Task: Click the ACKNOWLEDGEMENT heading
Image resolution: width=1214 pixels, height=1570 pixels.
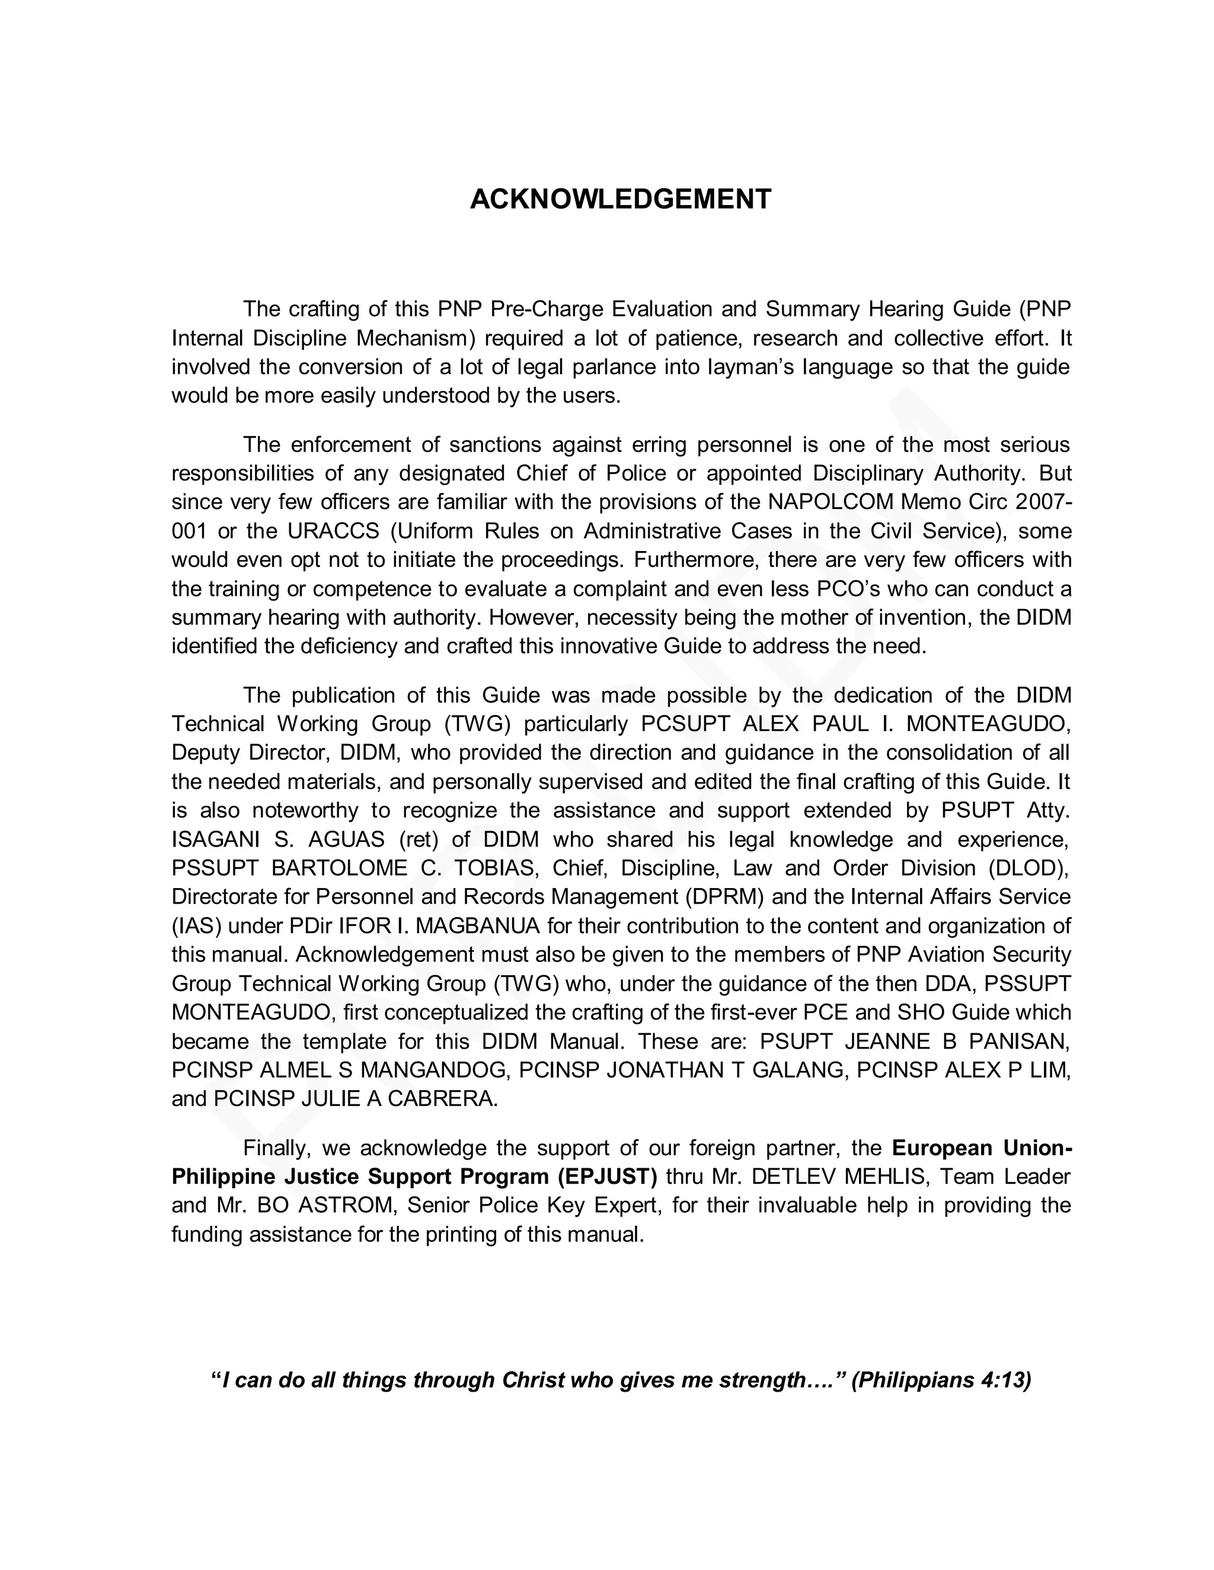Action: pyautogui.click(x=621, y=199)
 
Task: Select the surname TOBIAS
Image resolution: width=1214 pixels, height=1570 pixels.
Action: pyautogui.click(x=496, y=868)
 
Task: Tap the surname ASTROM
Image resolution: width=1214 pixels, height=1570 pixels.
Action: pyautogui.click(x=351, y=1206)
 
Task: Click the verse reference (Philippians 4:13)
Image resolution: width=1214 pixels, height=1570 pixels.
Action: pyautogui.click(x=941, y=1380)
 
